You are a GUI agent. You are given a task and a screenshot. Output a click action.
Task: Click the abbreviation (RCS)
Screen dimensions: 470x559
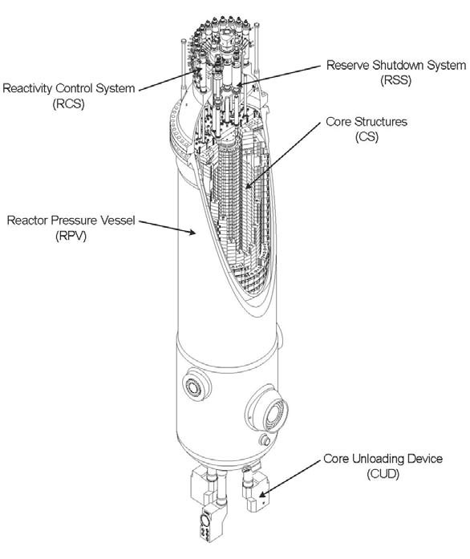point(69,104)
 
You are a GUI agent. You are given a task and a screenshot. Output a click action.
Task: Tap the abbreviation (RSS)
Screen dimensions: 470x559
point(396,80)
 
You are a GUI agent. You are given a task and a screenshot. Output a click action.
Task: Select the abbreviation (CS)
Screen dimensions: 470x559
point(367,137)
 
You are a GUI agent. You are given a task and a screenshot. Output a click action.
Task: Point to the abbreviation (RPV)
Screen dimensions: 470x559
point(71,237)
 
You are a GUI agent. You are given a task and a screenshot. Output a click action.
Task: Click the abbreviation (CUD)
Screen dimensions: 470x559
point(383,474)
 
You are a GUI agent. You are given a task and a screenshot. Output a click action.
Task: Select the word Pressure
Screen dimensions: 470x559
point(74,221)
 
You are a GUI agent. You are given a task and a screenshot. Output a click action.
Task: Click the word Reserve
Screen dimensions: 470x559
point(348,65)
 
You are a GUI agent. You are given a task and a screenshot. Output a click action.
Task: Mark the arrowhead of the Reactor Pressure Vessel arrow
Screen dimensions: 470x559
point(192,233)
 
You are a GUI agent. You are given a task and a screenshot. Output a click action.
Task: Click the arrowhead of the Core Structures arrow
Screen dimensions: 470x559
point(248,185)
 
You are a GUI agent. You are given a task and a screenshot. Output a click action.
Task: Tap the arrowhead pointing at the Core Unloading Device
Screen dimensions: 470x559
point(261,495)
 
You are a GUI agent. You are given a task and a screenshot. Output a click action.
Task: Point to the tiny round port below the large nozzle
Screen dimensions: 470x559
point(264,440)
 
